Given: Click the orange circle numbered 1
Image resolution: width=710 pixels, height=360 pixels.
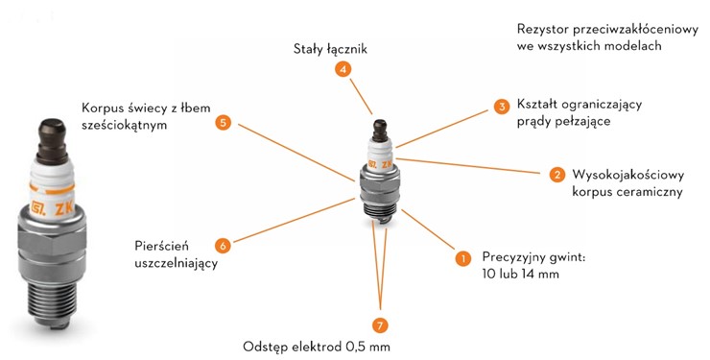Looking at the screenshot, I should [x=462, y=257].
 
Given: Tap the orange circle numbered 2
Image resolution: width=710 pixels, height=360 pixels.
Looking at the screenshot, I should [x=556, y=175].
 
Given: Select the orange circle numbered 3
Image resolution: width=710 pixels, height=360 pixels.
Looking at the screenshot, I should [x=501, y=106].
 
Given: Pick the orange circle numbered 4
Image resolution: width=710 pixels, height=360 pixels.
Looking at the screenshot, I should [x=343, y=69].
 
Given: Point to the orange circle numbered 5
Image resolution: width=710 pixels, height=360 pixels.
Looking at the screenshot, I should [x=223, y=123].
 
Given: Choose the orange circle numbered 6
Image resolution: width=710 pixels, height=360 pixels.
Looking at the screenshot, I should [x=223, y=245].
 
